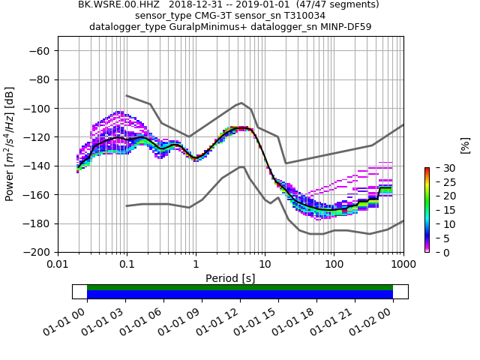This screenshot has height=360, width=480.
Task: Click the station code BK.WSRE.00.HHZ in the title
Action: point(113,4)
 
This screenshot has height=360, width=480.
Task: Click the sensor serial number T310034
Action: point(301,16)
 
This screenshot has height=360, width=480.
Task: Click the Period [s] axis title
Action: point(230,278)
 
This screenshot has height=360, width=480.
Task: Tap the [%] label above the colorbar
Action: point(465,145)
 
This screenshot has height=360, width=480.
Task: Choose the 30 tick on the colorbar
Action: point(440,168)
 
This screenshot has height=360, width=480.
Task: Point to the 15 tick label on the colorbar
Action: point(440,210)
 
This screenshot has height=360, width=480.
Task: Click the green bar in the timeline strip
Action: point(240,287)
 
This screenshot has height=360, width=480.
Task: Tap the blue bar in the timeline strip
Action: point(240,295)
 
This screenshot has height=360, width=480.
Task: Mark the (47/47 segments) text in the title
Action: point(336,4)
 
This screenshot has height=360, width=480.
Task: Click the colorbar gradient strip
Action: point(427,210)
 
